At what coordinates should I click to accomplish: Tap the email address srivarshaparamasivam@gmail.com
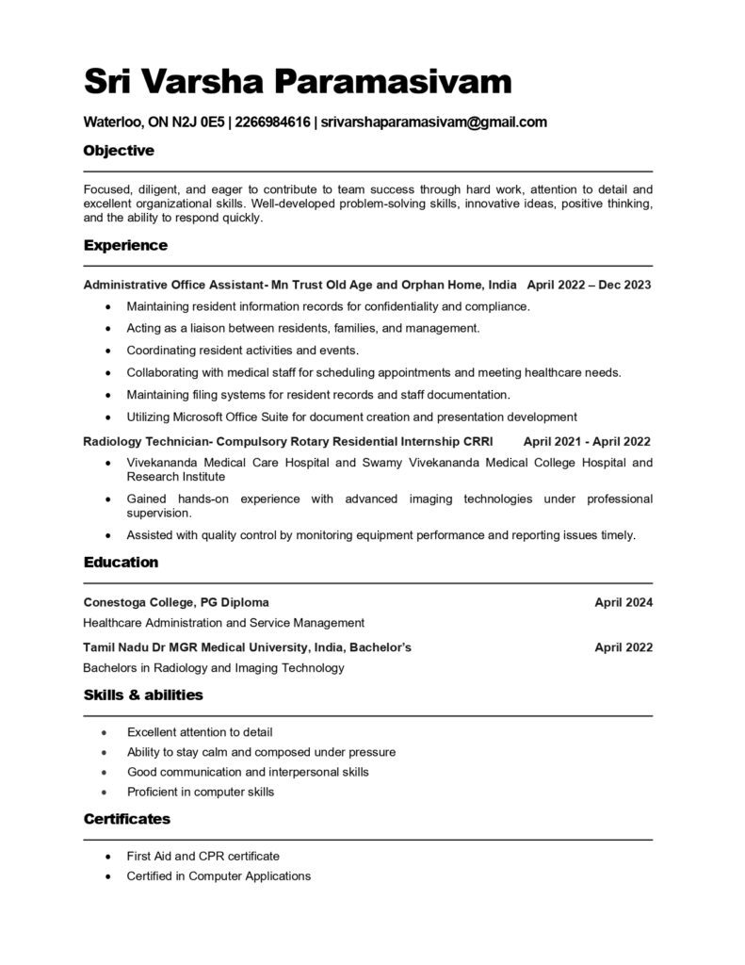point(433,123)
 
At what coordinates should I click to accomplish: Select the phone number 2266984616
point(273,123)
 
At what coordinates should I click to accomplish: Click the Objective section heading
point(119,151)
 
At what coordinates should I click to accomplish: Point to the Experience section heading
point(125,246)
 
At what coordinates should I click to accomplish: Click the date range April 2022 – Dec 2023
point(589,285)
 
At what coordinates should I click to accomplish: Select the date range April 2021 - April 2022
point(587,441)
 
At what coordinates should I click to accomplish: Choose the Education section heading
point(121,563)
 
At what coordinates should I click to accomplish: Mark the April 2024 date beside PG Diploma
point(624,602)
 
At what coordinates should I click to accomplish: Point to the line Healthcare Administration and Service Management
point(223,623)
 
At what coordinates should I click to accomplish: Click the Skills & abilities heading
point(143,695)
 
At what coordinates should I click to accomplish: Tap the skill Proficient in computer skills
point(201,792)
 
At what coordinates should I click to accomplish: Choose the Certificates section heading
point(127,819)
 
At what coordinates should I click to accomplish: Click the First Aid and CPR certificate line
point(203,856)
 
